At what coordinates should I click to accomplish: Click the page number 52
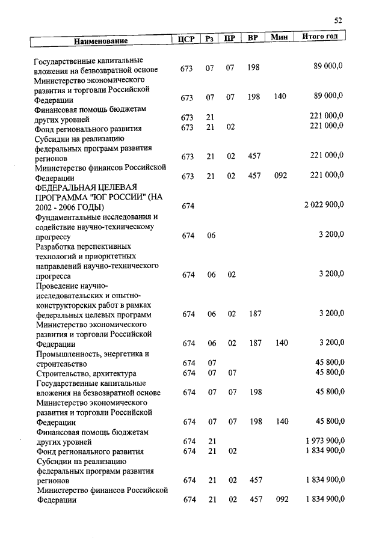point(338,20)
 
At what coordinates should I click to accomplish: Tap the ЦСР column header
point(186,39)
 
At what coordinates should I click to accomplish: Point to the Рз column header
point(209,39)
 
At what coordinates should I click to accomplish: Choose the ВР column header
point(253,38)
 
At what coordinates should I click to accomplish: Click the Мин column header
point(279,37)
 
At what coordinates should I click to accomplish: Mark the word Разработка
point(57,246)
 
